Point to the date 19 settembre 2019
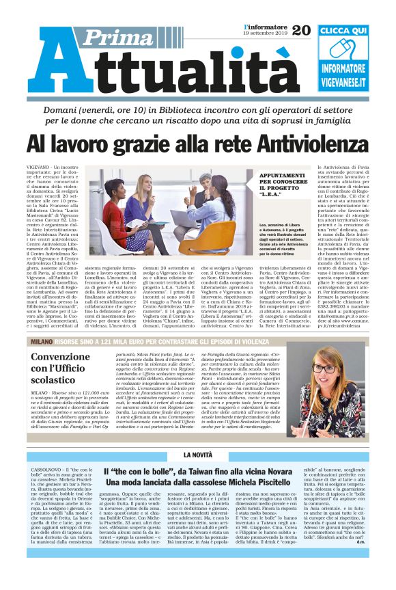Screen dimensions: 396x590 coord(266,34)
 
